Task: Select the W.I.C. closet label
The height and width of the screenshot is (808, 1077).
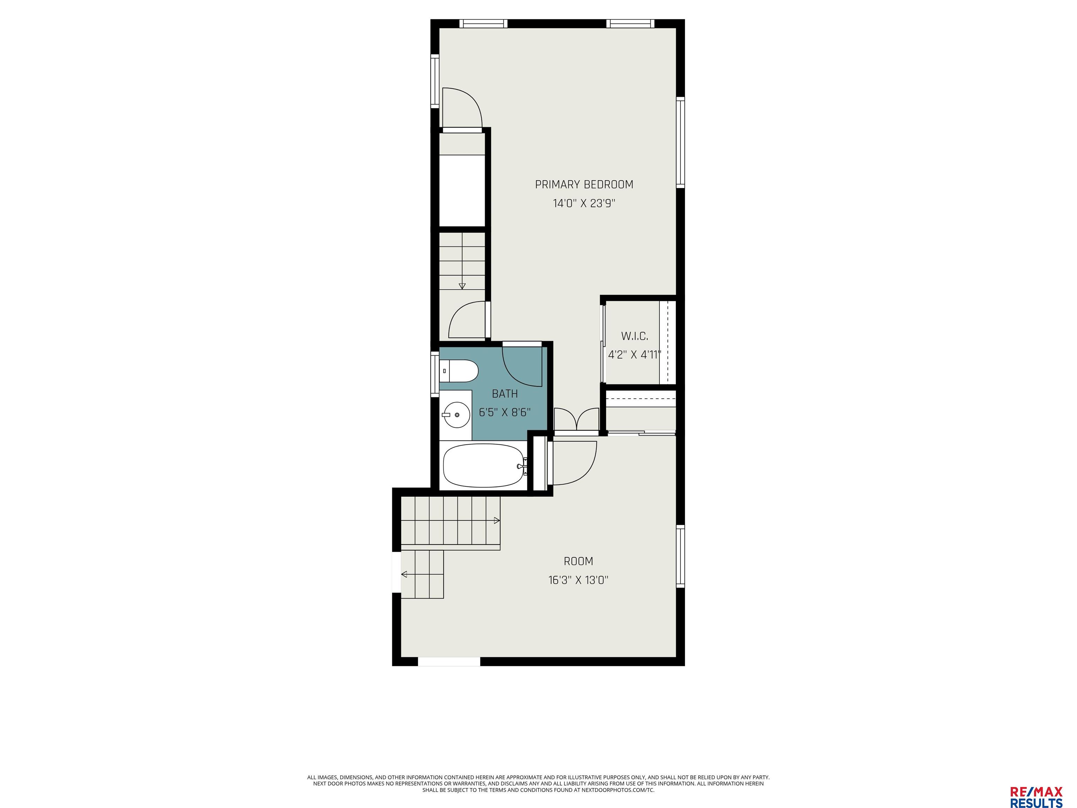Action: coord(635,336)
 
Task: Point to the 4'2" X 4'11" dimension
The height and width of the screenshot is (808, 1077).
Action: coord(635,355)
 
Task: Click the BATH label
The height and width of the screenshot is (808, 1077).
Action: coord(504,393)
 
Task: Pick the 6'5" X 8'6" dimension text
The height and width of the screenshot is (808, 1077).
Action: coord(504,412)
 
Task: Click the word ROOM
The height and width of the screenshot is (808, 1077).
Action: coord(578,561)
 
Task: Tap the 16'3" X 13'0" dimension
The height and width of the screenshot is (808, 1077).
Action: coord(578,580)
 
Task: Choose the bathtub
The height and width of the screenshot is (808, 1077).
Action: coord(483,465)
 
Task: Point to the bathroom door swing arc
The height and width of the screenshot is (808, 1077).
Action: coord(521,368)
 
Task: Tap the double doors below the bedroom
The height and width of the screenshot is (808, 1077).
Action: coord(576,420)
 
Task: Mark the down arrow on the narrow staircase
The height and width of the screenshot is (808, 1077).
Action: coord(462,286)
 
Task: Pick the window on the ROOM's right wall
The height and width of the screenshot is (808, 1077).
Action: coord(680,556)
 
